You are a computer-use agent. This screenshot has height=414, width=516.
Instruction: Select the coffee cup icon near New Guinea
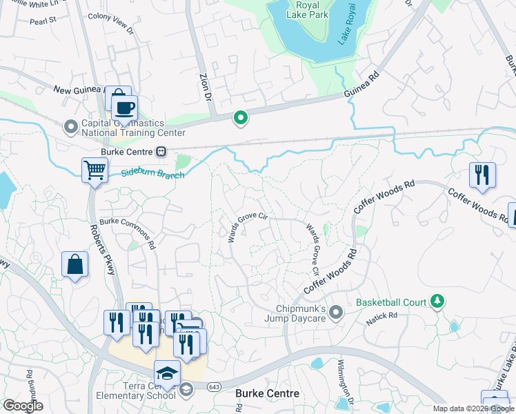[124, 109]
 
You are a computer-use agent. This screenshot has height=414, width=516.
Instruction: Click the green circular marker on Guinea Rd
[240, 119]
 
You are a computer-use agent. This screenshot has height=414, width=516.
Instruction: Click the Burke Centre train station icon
[161, 150]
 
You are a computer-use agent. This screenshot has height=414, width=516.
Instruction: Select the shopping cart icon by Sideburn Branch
[95, 170]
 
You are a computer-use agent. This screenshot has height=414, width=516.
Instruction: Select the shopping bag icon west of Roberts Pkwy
[75, 265]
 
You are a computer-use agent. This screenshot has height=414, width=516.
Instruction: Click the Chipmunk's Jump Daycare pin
[336, 313]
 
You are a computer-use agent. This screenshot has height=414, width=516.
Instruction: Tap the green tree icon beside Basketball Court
[436, 302]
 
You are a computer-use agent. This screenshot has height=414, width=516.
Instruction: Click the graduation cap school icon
[167, 373]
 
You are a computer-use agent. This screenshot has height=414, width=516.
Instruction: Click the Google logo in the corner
[23, 406]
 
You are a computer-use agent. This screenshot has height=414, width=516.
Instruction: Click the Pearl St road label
[42, 21]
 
